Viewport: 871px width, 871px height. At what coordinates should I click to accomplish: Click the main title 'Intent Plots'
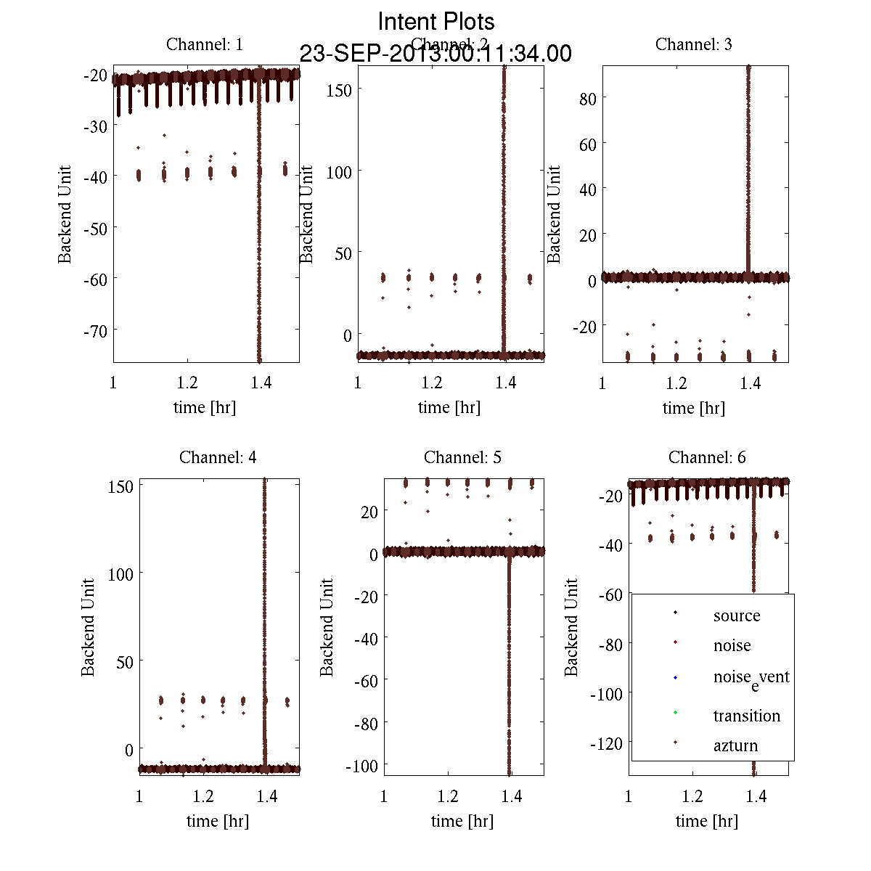pyautogui.click(x=436, y=21)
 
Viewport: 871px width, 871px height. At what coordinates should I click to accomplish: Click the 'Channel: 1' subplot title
pyautogui.click(x=205, y=44)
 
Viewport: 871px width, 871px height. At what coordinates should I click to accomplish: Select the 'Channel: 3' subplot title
pyautogui.click(x=693, y=44)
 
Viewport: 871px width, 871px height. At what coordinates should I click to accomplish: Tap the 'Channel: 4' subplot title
pyautogui.click(x=218, y=457)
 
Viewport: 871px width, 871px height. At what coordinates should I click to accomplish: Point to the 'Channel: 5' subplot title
pyautogui.click(x=462, y=457)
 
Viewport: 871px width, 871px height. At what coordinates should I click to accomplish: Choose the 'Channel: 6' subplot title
pyautogui.click(x=707, y=457)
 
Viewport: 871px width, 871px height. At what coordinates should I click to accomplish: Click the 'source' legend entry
pyautogui.click(x=736, y=616)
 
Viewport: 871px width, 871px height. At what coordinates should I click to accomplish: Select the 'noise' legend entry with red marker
pyautogui.click(x=732, y=645)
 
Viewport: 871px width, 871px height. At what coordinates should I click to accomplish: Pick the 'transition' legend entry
pyautogui.click(x=746, y=716)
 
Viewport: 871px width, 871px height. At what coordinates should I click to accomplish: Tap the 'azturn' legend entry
pyautogui.click(x=735, y=745)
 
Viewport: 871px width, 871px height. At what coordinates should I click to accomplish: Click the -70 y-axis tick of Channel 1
pyautogui.click(x=96, y=330)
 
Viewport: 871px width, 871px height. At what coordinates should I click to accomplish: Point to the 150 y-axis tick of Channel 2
pyautogui.click(x=338, y=89)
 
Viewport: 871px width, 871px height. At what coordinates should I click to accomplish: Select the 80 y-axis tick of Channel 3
pyautogui.click(x=587, y=98)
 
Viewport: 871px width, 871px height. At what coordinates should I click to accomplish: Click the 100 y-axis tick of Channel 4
pyautogui.click(x=120, y=573)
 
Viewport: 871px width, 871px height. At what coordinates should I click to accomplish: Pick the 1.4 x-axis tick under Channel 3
pyautogui.click(x=751, y=383)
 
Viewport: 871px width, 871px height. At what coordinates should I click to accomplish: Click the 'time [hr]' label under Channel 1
pyautogui.click(x=205, y=407)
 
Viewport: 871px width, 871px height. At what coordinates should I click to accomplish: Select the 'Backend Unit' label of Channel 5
pyautogui.click(x=327, y=627)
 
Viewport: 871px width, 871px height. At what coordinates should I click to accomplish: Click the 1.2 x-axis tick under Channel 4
pyautogui.click(x=203, y=796)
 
